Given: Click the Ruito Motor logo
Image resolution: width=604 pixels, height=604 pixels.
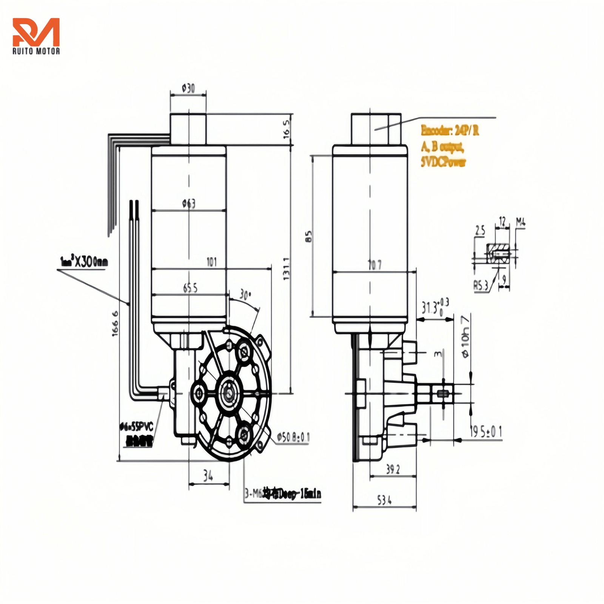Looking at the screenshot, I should [36, 36].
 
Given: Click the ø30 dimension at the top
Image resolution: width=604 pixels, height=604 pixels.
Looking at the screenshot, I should [188, 89].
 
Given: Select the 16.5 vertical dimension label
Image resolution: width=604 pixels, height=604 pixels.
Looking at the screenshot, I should [287, 129].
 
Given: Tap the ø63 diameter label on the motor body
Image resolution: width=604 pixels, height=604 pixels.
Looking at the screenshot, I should [189, 204].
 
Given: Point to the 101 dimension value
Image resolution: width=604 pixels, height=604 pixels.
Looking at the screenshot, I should [212, 262].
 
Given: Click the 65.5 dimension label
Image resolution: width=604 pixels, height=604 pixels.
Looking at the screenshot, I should [190, 288].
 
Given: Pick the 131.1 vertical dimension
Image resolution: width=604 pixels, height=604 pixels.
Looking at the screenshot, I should [287, 268].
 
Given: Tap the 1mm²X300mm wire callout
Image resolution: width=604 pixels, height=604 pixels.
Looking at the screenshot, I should [83, 261].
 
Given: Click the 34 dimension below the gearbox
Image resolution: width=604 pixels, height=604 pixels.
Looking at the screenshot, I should [208, 476].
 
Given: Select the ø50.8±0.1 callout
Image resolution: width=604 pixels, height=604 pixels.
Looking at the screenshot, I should [293, 437].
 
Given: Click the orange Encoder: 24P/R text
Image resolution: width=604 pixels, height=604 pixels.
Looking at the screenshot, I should [450, 131].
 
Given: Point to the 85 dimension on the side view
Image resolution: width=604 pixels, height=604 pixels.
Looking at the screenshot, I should [309, 236].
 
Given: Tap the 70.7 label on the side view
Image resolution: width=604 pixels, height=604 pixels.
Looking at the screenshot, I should [374, 265].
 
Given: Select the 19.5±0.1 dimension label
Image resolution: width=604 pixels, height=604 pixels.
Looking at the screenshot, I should [486, 431].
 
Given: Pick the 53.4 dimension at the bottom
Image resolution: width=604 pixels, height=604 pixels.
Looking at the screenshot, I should [384, 501].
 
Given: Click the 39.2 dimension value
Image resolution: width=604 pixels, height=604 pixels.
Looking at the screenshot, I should [393, 469].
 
